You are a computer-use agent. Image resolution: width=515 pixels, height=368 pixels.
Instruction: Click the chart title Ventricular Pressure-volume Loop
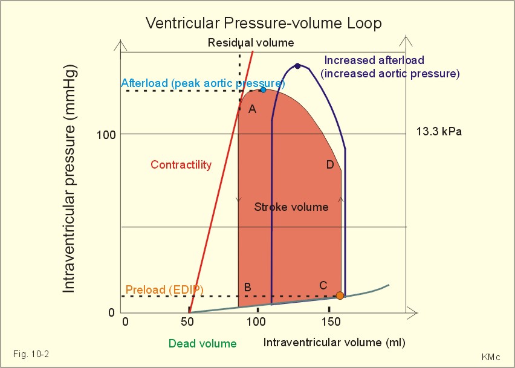[x=264, y=24]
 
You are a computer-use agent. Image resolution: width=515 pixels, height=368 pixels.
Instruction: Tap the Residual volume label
[x=251, y=43]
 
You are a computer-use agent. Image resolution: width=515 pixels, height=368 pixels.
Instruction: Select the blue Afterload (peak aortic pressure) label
[x=203, y=83]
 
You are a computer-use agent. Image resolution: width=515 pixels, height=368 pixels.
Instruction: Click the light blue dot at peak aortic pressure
[x=263, y=89]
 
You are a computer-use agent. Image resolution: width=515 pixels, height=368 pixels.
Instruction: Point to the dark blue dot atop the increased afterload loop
[x=297, y=66]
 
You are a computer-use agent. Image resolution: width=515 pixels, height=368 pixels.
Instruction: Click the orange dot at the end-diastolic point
[x=340, y=295]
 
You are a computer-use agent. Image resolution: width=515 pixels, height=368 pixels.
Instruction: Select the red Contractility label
[x=181, y=165]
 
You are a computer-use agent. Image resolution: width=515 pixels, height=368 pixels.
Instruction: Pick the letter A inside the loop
[x=253, y=109]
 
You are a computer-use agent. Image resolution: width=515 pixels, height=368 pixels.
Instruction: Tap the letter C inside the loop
[x=323, y=285]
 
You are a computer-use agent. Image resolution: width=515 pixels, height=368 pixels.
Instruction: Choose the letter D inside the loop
[x=330, y=165]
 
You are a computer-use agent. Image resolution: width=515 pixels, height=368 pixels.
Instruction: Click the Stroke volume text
[x=291, y=207]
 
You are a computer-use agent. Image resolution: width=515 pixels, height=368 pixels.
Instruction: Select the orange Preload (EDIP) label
[x=164, y=290]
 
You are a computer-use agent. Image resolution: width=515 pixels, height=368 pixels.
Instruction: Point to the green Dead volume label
[x=202, y=344]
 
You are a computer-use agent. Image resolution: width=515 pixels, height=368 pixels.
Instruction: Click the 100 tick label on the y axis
[x=106, y=134]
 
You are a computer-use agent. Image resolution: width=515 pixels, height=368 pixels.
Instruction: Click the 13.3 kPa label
[x=439, y=132]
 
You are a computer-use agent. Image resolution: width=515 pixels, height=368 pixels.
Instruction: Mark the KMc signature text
[x=490, y=357]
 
